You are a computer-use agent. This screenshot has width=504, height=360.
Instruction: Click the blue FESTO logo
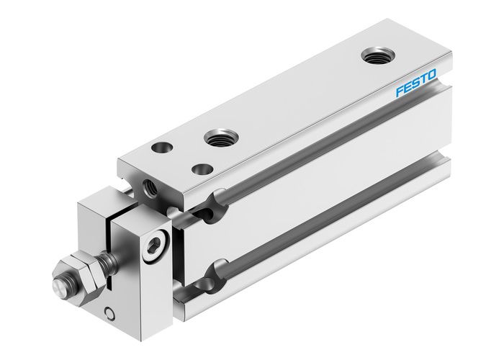[416, 89]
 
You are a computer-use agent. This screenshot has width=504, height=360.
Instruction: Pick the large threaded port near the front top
[217, 136]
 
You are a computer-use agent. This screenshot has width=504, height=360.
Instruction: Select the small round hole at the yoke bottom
[108, 312]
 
